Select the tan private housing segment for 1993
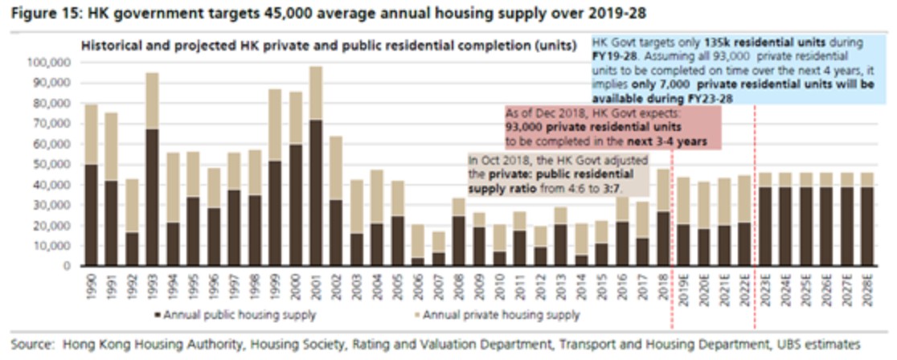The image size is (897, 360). pos(152,100)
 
